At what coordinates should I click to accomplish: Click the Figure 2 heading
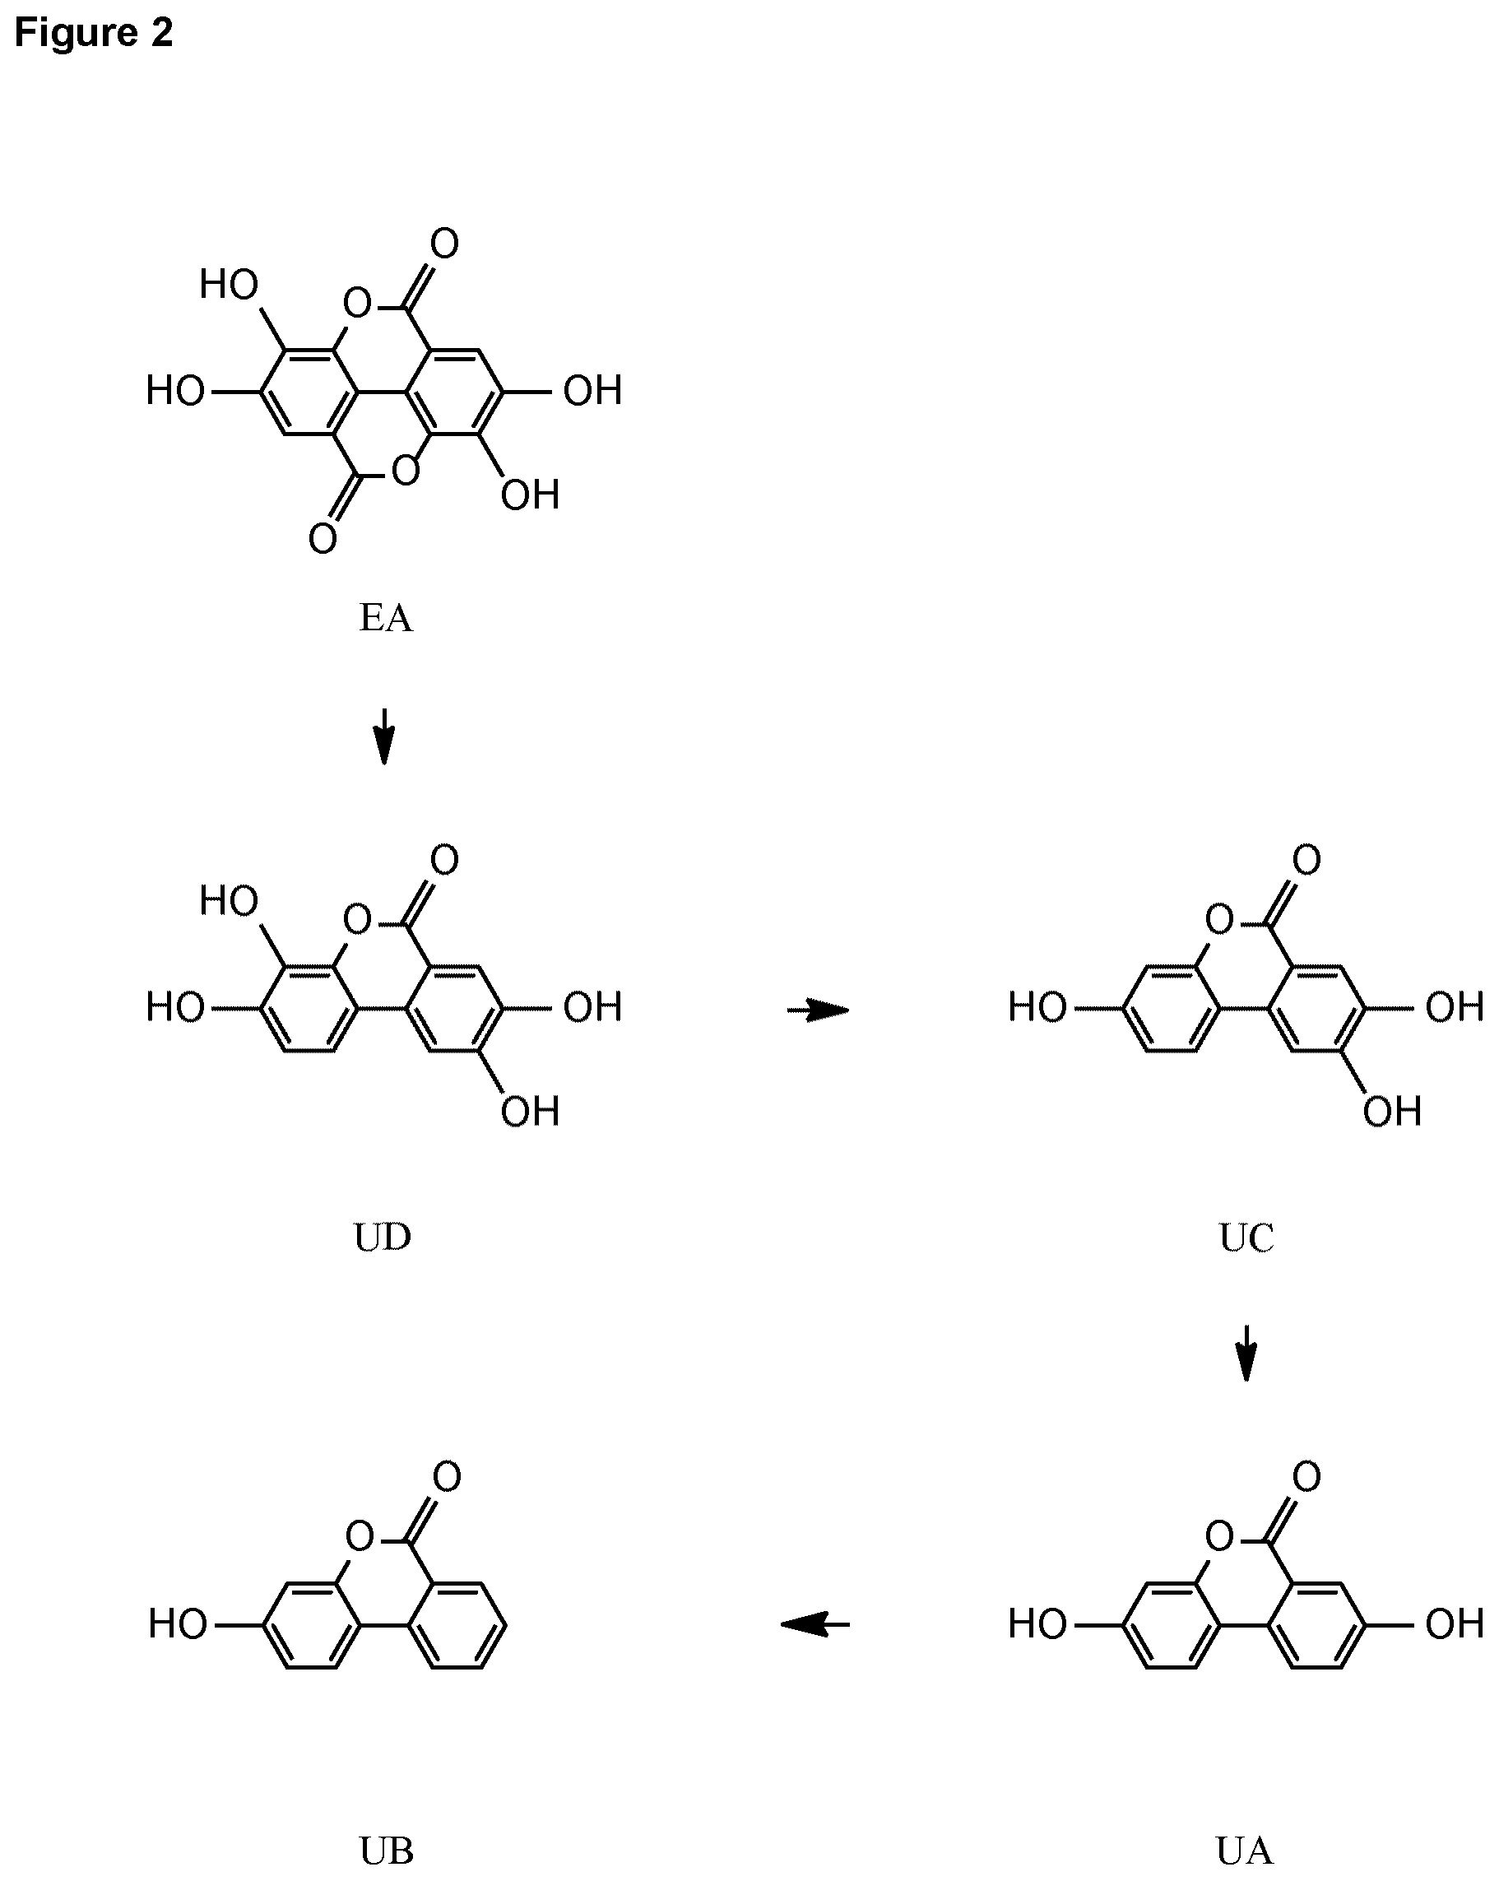(x=95, y=33)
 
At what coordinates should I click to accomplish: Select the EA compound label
(x=385, y=619)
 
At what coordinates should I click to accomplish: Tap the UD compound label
(x=383, y=1238)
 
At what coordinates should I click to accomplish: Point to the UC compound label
(x=1246, y=1238)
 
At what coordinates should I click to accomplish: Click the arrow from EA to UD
(x=384, y=736)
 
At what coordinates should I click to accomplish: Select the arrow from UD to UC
(x=819, y=1010)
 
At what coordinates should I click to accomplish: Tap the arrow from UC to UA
(x=1246, y=1354)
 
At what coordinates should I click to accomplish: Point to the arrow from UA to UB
(x=815, y=1624)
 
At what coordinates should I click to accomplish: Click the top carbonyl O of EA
(x=444, y=244)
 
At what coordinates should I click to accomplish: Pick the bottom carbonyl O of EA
(x=322, y=538)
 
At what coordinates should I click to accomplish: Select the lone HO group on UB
(x=178, y=1624)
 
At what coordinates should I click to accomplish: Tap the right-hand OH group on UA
(x=1455, y=1624)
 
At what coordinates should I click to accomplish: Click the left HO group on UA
(x=1037, y=1624)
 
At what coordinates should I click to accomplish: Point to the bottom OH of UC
(x=1393, y=1112)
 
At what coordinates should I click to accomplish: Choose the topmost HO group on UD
(x=229, y=901)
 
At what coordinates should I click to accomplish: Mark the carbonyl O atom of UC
(x=1306, y=860)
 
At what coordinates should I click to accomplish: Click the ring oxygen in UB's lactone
(x=359, y=1535)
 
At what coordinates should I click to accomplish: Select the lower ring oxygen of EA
(x=406, y=471)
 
